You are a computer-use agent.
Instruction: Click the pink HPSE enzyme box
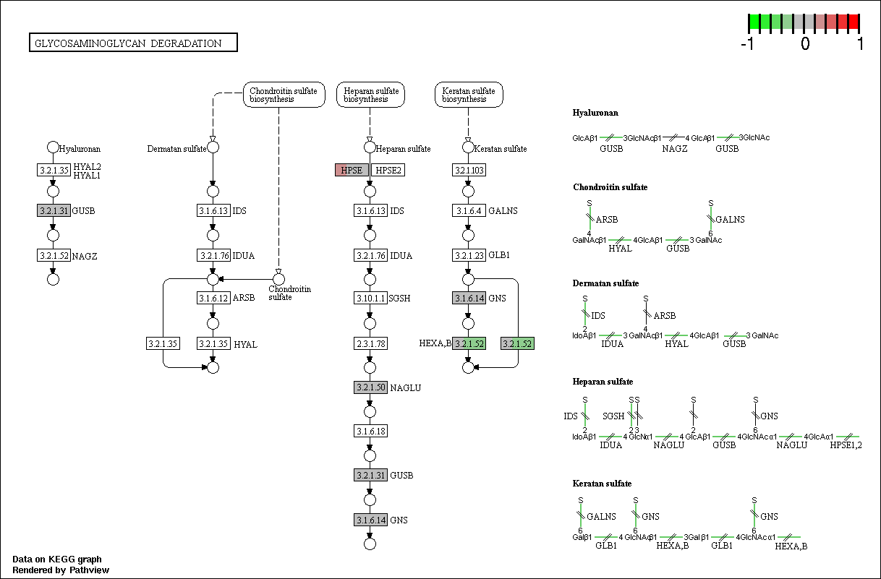pyautogui.click(x=352, y=170)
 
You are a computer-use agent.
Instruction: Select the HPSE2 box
pyautogui.click(x=388, y=170)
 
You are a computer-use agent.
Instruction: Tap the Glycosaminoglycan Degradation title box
pyautogui.click(x=133, y=43)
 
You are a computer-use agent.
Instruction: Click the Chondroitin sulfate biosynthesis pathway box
pyautogui.click(x=284, y=95)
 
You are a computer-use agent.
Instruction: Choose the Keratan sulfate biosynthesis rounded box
pyautogui.click(x=469, y=95)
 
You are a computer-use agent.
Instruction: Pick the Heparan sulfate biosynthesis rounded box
pyautogui.click(x=370, y=95)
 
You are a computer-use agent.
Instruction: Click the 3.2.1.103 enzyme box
pyautogui.click(x=469, y=170)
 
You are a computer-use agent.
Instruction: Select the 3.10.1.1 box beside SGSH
pyautogui.click(x=370, y=298)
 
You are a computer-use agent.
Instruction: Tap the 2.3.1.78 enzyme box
pyautogui.click(x=370, y=343)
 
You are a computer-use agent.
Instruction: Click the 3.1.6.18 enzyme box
pyautogui.click(x=370, y=432)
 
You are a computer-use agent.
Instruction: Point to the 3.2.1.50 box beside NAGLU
pyautogui.click(x=370, y=387)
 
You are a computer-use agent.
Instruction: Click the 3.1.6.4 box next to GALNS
pyautogui.click(x=469, y=210)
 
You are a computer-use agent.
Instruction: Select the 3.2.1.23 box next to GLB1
pyautogui.click(x=469, y=255)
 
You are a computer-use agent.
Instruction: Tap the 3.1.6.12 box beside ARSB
pyautogui.click(x=213, y=298)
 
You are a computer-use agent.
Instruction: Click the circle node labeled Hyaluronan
pyautogui.click(x=53, y=147)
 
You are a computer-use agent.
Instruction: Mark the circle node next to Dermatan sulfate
pyautogui.click(x=213, y=147)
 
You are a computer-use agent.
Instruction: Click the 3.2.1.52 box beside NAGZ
pyautogui.click(x=54, y=255)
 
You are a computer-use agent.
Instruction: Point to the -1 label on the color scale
pyautogui.click(x=747, y=43)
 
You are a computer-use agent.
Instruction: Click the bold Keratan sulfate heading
pyautogui.click(x=602, y=484)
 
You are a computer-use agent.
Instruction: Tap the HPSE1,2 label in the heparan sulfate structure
pyautogui.click(x=846, y=445)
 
